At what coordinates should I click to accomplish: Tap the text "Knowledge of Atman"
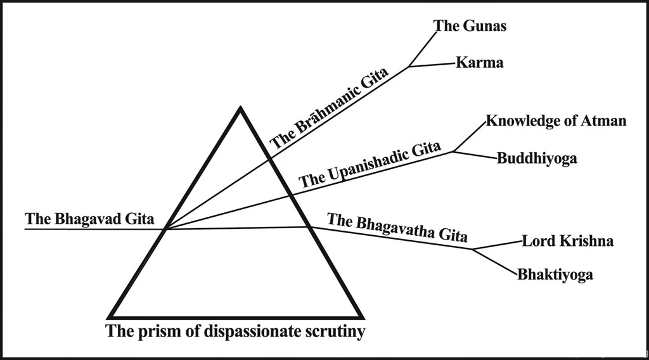click(556, 121)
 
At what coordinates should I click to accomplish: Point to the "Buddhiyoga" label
click(537, 158)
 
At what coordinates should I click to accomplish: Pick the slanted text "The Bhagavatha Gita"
click(397, 229)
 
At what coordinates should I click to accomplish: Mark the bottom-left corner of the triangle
click(110, 316)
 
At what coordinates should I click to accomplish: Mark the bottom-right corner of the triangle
click(363, 316)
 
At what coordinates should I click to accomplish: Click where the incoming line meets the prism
click(165, 229)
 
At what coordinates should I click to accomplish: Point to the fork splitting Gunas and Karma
click(409, 66)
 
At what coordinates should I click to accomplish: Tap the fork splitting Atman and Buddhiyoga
click(453, 151)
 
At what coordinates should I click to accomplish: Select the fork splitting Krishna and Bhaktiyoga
click(473, 249)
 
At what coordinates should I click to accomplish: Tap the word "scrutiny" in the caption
click(334, 331)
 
